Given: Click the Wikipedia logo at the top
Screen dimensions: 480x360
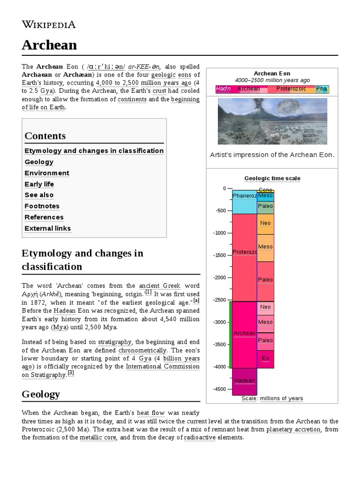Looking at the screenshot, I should click(x=49, y=24).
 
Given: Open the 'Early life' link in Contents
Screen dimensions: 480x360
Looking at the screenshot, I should click(x=39, y=184).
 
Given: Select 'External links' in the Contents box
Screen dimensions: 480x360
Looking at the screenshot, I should click(x=48, y=229).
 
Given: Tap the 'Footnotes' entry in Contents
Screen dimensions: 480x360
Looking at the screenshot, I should click(x=42, y=206).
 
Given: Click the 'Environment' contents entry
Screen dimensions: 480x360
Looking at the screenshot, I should click(x=47, y=173).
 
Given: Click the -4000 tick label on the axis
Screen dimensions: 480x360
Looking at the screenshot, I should click(x=219, y=367).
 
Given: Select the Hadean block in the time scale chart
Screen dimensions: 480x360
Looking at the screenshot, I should click(x=244, y=381).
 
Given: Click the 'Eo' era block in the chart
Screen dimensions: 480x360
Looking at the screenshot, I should click(x=266, y=359).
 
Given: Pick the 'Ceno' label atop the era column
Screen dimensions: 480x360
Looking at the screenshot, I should click(x=265, y=190).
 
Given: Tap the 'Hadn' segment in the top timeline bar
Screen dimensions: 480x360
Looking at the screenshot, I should click(x=223, y=89).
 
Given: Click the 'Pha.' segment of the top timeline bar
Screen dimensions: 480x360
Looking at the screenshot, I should click(x=322, y=89).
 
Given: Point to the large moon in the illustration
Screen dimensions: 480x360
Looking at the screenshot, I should click(x=288, y=109).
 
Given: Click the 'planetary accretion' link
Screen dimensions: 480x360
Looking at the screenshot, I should click(x=294, y=429).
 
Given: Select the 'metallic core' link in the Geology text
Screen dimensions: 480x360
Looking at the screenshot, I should click(x=97, y=438).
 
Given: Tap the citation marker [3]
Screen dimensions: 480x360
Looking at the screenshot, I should click(x=71, y=373).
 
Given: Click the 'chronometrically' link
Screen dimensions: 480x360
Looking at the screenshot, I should click(x=142, y=350).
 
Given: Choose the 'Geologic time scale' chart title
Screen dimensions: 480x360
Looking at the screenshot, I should click(x=272, y=178).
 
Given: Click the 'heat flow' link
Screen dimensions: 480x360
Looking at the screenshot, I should click(x=150, y=413).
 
